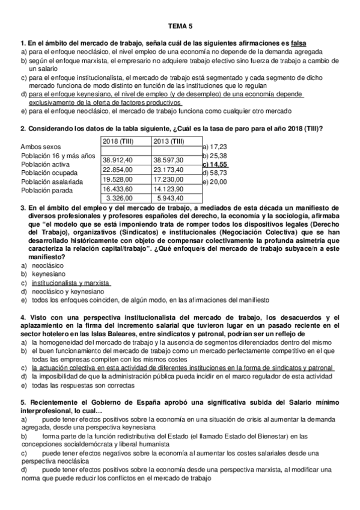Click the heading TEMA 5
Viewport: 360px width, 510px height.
tap(180, 26)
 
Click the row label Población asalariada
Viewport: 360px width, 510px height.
tap(52, 181)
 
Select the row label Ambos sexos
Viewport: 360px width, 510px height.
tap(40, 147)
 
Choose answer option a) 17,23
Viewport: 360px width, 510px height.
tap(215, 146)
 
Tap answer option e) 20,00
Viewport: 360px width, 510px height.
tap(215, 182)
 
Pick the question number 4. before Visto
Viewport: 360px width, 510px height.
tap(23, 318)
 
